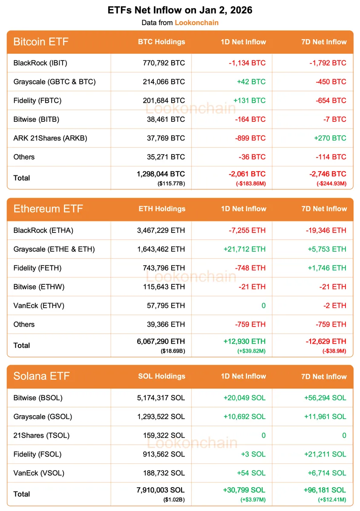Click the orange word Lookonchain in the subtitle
point(196,23)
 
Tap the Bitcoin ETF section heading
point(41,42)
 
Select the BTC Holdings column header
point(161,42)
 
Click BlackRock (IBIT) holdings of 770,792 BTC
point(164,63)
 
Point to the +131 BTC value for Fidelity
point(249,100)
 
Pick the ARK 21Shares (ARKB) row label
point(50,138)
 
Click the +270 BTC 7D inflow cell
point(330,138)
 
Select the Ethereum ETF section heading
point(48,209)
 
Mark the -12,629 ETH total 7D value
point(326,342)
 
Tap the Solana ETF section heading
point(41,376)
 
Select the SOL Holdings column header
point(161,376)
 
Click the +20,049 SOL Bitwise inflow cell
point(245,398)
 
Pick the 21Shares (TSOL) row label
point(41,435)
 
